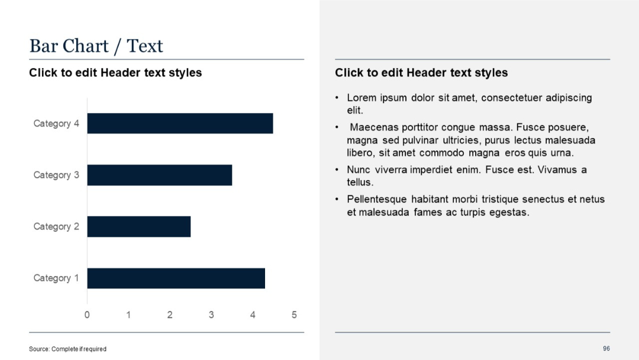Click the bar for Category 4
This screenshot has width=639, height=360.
click(x=180, y=123)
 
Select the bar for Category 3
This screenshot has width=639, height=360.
click(x=160, y=175)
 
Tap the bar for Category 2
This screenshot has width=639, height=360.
click(x=139, y=227)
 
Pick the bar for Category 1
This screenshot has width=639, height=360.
click(x=176, y=278)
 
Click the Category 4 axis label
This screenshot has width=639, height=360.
click(x=56, y=124)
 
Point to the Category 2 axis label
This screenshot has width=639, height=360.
click(x=56, y=227)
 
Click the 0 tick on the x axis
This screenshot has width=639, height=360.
click(x=87, y=315)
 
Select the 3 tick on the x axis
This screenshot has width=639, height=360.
click(x=211, y=315)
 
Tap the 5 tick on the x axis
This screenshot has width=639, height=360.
click(x=294, y=315)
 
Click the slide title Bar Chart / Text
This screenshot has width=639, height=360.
click(x=96, y=46)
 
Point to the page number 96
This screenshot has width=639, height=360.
click(x=606, y=349)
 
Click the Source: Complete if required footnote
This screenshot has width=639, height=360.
click(x=67, y=349)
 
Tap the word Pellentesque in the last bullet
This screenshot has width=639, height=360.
click(x=377, y=200)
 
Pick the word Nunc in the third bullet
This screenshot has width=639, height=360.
click(x=359, y=170)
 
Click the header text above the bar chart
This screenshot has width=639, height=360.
click(x=115, y=73)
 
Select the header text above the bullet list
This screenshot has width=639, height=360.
click(x=421, y=73)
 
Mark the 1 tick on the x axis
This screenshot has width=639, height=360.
click(x=128, y=315)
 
